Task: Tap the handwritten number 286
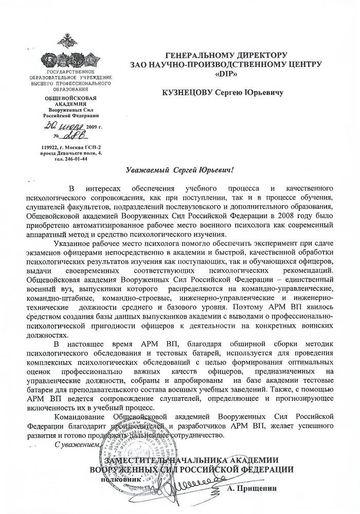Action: [70, 135]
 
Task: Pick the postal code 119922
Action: [53, 148]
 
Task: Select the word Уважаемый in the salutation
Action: [146, 170]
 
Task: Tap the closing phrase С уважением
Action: [75, 444]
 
